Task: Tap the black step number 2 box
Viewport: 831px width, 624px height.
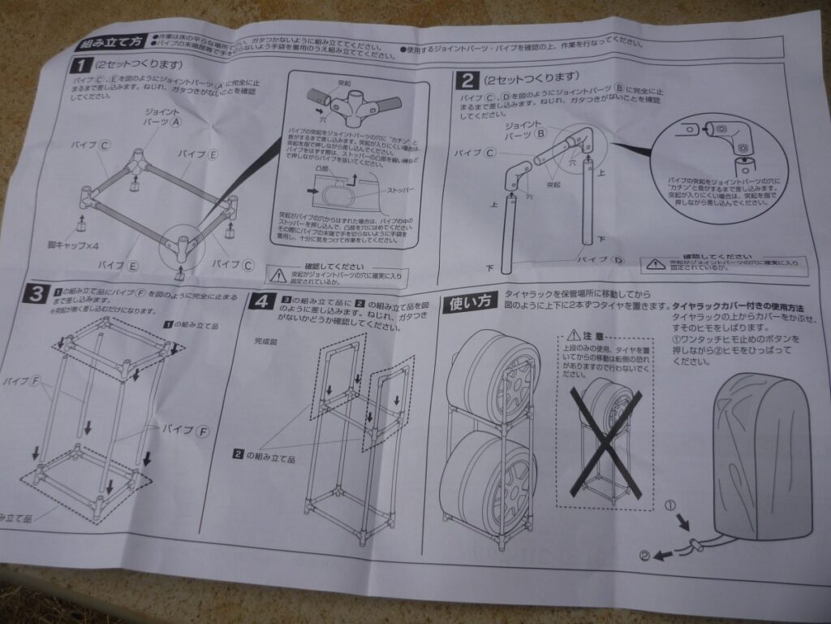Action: [x=466, y=80]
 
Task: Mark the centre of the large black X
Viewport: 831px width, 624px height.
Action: [x=605, y=440]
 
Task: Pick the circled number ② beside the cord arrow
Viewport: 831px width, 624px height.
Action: [x=644, y=557]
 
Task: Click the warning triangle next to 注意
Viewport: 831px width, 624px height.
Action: [x=576, y=335]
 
